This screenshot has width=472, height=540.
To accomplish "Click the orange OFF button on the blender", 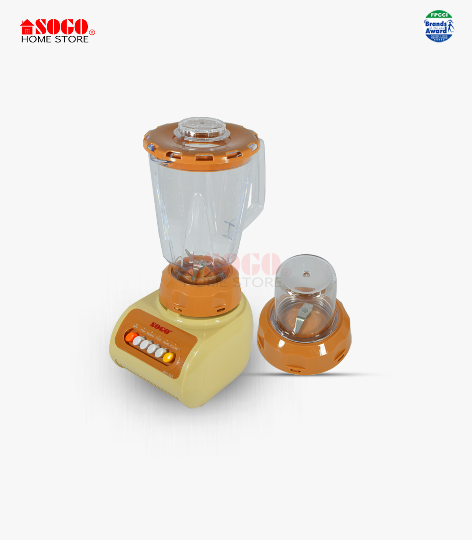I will (x=131, y=337).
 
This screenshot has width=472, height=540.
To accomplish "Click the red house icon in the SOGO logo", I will (x=27, y=27).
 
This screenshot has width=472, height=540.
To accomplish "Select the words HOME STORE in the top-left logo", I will (x=55, y=39).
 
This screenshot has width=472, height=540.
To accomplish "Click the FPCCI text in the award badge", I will (x=439, y=15).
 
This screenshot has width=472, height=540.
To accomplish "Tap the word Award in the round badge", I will (x=436, y=31).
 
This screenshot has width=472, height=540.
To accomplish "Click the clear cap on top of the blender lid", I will (x=202, y=128).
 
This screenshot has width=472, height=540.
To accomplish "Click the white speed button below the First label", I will (x=138, y=341).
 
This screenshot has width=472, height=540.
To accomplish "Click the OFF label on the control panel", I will (x=136, y=327).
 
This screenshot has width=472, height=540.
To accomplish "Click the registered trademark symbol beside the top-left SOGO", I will (x=92, y=32).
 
